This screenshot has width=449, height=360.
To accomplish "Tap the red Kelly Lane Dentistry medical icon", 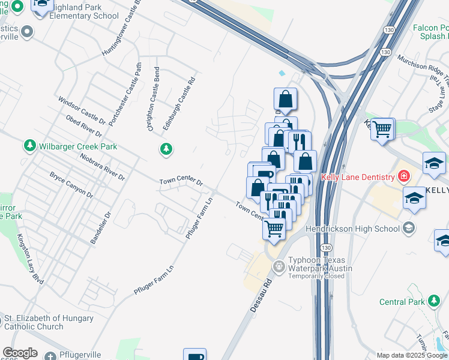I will (x=404, y=176).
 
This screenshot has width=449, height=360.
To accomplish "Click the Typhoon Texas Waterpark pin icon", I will (x=279, y=266).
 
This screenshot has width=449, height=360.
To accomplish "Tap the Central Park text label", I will (x=402, y=302).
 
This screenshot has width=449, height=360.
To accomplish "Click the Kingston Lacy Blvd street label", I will (x=30, y=259).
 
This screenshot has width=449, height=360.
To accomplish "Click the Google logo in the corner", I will (x=20, y=353).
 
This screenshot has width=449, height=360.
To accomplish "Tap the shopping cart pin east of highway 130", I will (x=382, y=128).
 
